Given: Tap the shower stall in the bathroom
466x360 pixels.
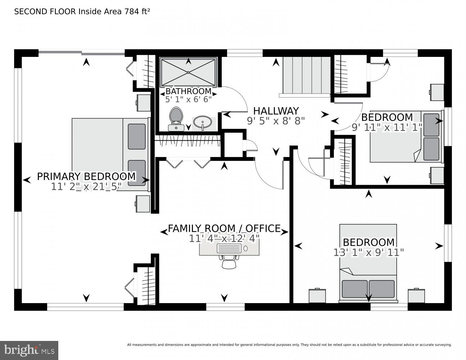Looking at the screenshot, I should point(188,72).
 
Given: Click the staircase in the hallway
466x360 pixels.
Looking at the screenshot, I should point(306,75).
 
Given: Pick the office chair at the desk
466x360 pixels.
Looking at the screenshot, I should point(229,262).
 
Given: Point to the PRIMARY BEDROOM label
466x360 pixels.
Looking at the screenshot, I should point(86,177).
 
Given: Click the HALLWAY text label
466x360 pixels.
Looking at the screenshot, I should point(276,111).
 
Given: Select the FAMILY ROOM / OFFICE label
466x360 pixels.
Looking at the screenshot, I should point(224,229).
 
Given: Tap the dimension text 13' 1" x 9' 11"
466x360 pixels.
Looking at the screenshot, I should point(368,253).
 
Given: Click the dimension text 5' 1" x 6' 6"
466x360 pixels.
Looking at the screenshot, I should point(188,99).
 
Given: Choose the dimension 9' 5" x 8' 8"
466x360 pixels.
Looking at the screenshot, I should point(276,121).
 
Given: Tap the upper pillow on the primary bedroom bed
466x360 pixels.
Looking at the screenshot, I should point(137,136).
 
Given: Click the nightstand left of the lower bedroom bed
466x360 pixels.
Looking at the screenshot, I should point(317,296).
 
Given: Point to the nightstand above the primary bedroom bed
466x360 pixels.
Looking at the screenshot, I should point(143,103).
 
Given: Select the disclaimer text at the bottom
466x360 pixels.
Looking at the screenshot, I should point(289,345).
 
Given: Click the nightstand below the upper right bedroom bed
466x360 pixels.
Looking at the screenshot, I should point(436,175).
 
